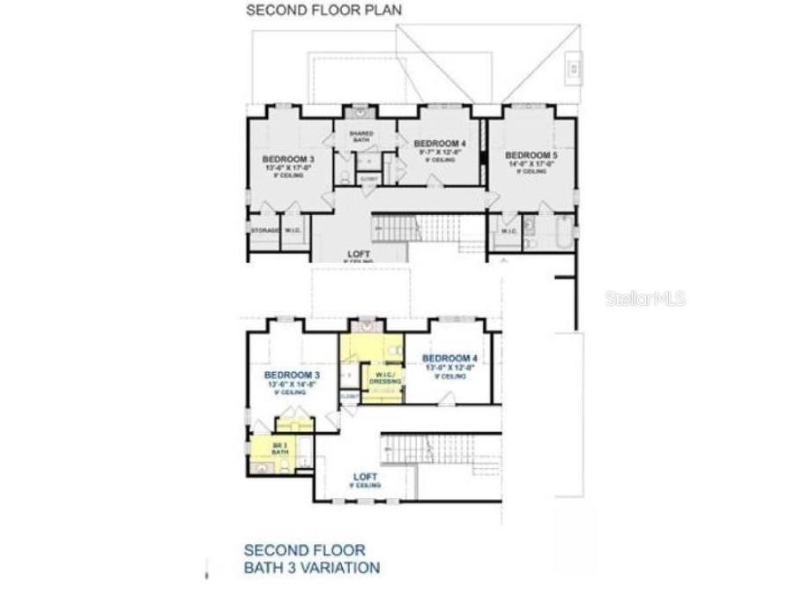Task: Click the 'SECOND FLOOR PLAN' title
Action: (x=323, y=11)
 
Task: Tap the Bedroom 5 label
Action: (x=531, y=155)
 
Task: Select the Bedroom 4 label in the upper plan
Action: (x=439, y=144)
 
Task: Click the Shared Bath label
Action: (x=361, y=136)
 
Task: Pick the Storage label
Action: (x=265, y=231)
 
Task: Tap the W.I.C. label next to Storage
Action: (x=293, y=231)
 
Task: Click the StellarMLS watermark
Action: (x=645, y=300)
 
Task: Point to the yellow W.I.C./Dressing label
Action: (x=382, y=377)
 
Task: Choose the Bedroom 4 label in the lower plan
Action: (x=449, y=358)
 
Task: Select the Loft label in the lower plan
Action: (x=365, y=476)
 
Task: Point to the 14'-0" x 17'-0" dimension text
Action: (x=531, y=163)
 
